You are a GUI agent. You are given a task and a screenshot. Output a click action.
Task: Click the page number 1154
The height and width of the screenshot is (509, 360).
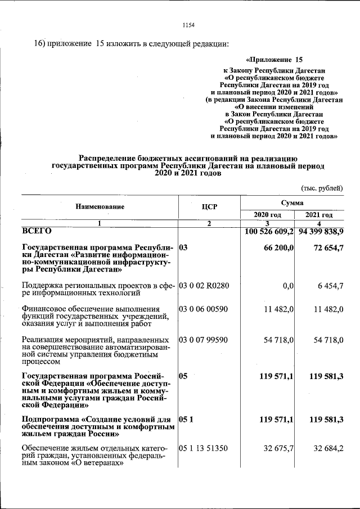188,24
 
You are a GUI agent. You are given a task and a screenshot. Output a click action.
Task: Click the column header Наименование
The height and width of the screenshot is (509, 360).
100,207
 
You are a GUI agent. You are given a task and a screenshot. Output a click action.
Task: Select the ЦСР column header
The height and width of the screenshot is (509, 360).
209,207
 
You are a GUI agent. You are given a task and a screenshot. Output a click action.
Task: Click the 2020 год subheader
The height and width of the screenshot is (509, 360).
267,215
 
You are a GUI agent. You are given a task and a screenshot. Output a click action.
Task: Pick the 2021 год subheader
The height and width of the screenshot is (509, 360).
319,215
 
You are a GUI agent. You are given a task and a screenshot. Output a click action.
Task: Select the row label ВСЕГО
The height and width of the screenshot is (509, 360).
37,231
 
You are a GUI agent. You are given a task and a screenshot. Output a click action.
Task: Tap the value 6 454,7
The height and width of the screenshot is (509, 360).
330,286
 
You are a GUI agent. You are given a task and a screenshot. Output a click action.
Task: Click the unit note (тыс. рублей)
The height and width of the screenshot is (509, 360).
322,188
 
